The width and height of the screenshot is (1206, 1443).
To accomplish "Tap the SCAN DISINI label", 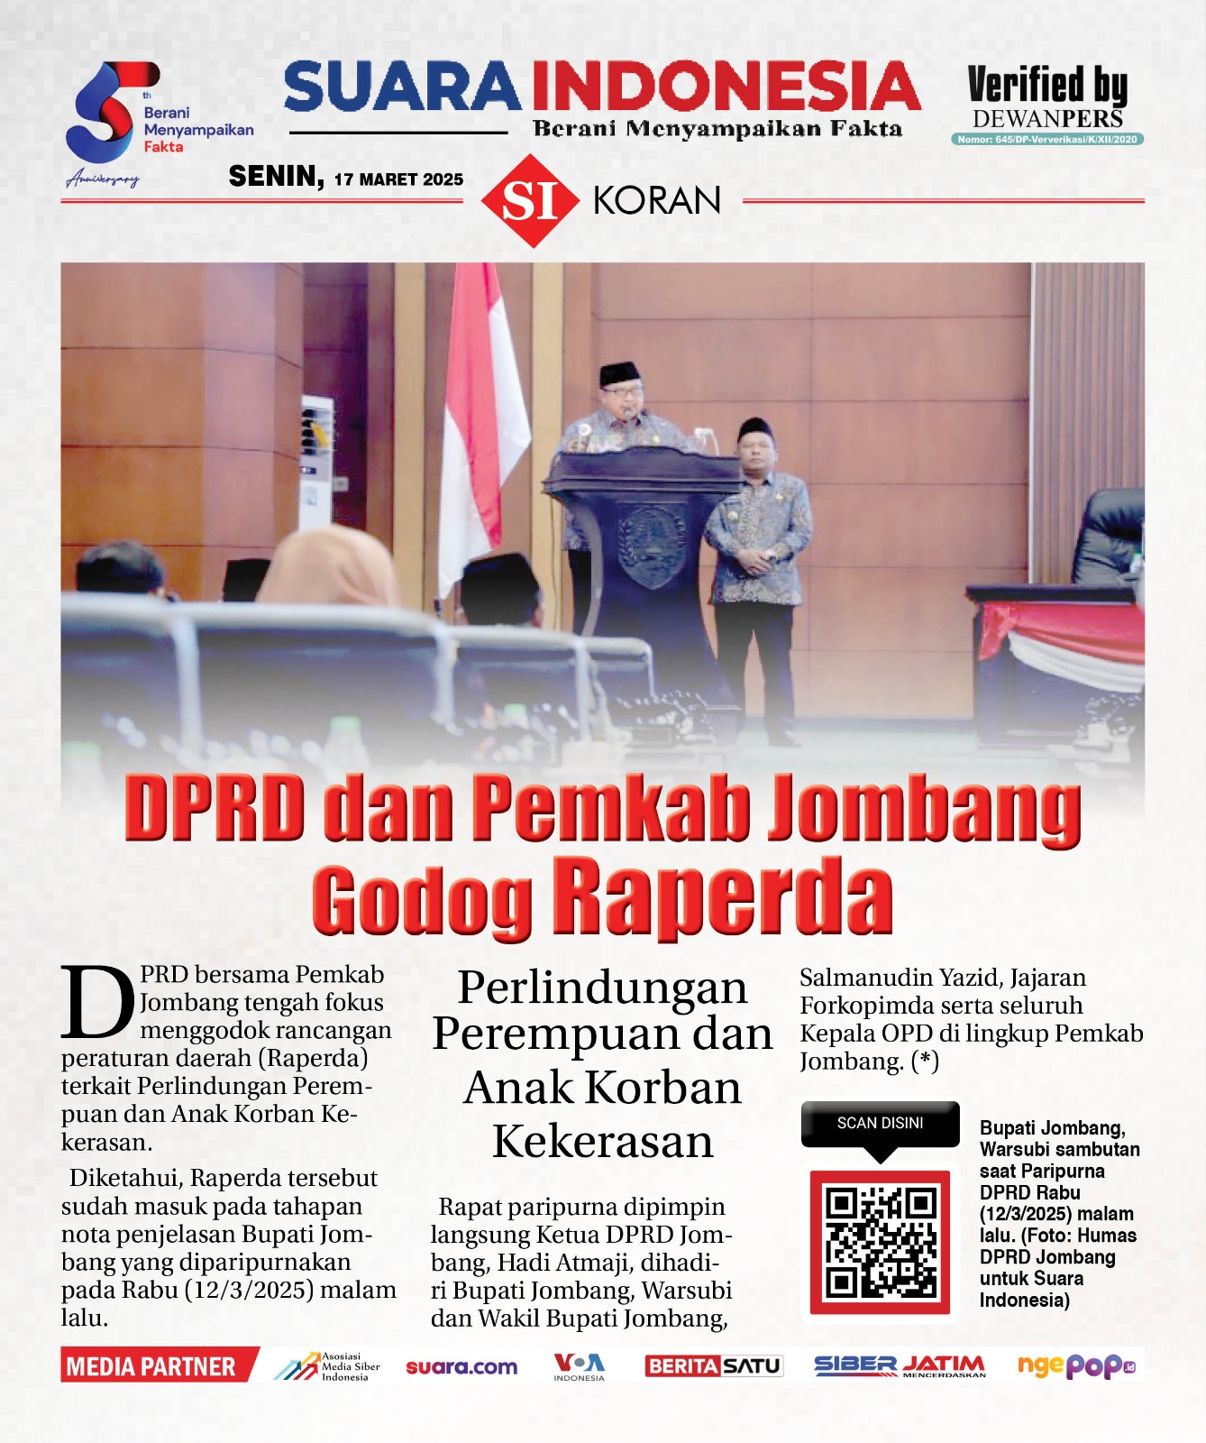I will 880,1123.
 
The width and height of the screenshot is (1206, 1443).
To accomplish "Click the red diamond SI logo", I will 529,200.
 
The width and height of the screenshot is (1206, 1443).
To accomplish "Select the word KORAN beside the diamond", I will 657,200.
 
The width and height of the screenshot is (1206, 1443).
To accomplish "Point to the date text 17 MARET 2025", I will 398,179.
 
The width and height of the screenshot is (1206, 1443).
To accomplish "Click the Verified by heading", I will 1046,86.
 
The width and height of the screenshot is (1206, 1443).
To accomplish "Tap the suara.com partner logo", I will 461,1367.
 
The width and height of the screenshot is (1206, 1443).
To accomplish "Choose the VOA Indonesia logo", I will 579,1366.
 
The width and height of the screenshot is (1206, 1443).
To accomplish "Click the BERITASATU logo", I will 713,1366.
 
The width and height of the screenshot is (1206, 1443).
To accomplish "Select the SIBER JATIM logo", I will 899,1366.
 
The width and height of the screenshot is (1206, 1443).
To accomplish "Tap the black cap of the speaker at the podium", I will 619,372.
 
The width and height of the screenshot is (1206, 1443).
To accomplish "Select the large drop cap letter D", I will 97,1002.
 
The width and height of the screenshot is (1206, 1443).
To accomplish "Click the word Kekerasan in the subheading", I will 602,1142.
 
